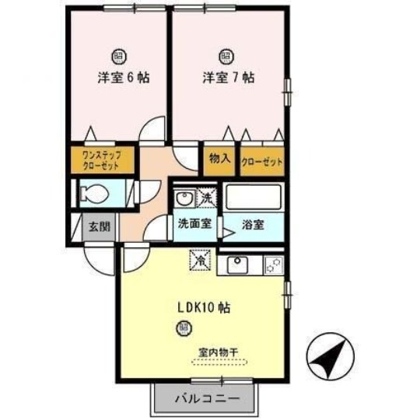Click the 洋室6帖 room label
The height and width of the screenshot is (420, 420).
[x=118, y=79]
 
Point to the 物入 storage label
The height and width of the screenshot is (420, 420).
[x=219, y=158]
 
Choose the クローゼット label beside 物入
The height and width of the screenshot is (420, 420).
[x=261, y=162]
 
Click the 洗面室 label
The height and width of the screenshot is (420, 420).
[x=194, y=225]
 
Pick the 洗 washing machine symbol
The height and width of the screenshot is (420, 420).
[x=206, y=198]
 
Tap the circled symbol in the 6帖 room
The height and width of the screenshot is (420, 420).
[x=118, y=55]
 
